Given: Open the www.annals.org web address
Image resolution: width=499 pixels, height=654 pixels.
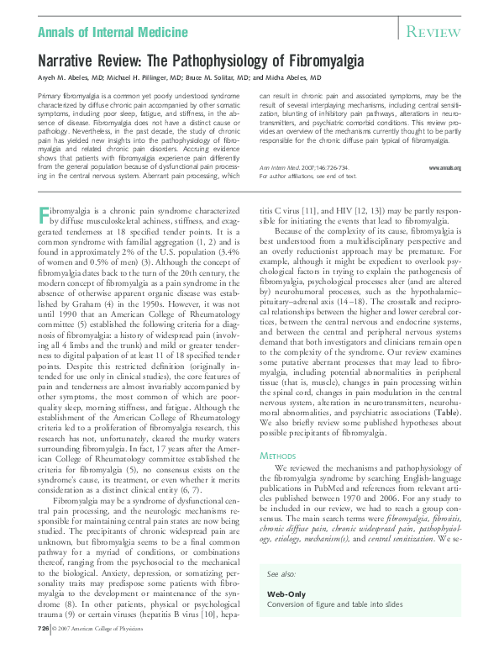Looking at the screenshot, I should pyautogui.click(x=444, y=168).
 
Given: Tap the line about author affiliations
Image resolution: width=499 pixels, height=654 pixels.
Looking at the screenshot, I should pyautogui.click(x=307, y=177).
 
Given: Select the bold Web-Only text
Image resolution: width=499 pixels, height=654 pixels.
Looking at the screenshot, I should pyautogui.click(x=284, y=593).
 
